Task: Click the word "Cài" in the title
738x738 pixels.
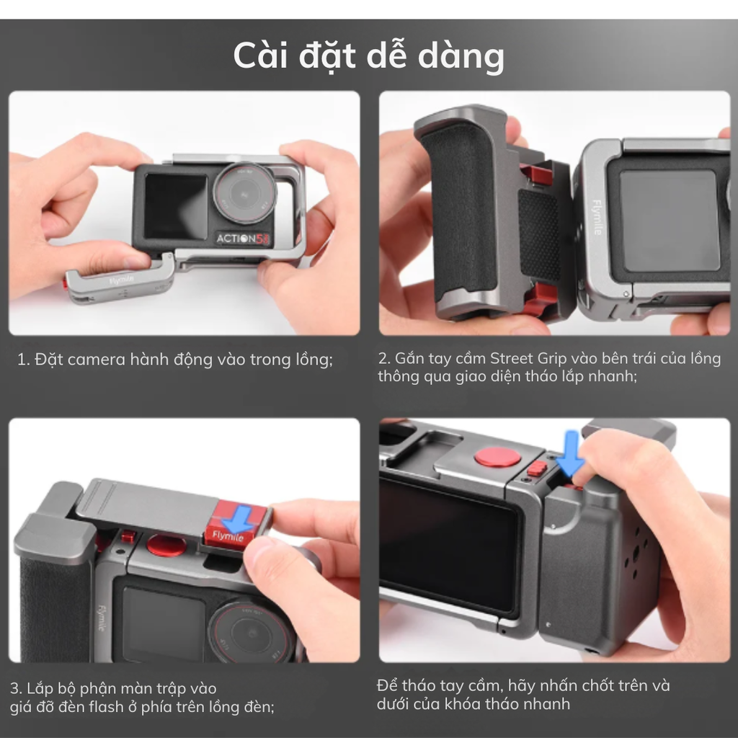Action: tap(264, 55)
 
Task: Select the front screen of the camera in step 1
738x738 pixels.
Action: tap(175, 206)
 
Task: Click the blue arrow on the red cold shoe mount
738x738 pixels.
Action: tap(238, 518)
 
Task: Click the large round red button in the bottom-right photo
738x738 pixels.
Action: tap(497, 457)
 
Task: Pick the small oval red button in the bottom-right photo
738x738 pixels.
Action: tap(537, 469)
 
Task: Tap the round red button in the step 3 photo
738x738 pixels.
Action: tap(166, 545)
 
